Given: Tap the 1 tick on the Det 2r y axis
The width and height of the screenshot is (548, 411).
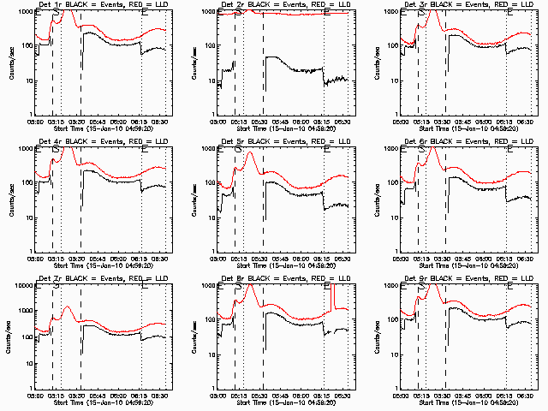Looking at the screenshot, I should (212, 115).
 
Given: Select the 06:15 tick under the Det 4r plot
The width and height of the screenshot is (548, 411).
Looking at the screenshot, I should (141, 259).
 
